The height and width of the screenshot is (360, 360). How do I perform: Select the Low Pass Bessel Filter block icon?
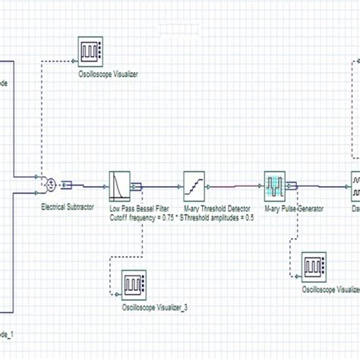[x=120, y=185]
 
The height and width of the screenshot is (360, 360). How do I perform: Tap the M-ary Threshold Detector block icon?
[x=194, y=185]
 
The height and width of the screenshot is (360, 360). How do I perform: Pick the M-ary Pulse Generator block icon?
[x=274, y=185]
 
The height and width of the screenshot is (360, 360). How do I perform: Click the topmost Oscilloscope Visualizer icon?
[x=91, y=52]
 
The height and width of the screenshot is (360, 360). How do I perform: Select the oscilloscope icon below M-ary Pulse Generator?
[x=314, y=267]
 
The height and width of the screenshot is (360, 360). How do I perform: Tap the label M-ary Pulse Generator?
[x=294, y=207]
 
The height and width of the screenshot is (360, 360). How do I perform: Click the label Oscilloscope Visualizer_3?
[x=155, y=308]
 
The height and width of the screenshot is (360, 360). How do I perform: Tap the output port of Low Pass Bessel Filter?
[x=137, y=185]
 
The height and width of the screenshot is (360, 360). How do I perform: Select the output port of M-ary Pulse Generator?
[x=292, y=185]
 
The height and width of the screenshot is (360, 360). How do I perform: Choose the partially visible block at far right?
[x=355, y=185]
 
